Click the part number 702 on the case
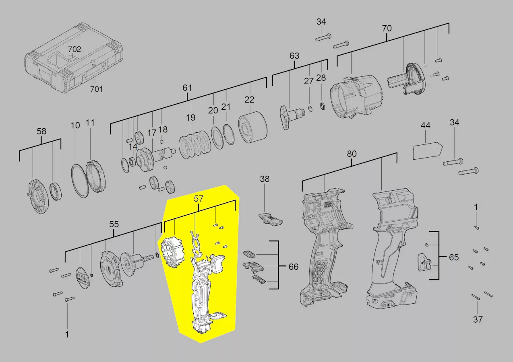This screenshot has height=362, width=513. pyautogui.click(x=74, y=49)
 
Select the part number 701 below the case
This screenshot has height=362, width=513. pyautogui.click(x=96, y=89)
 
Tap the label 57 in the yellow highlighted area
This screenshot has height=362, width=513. pyautogui.click(x=199, y=198)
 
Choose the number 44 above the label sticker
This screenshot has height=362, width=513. pyautogui.click(x=425, y=125)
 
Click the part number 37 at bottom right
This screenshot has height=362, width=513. pyautogui.click(x=478, y=320)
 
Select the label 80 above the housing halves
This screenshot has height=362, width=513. pyautogui.click(x=352, y=154)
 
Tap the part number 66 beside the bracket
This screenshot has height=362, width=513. pyautogui.click(x=294, y=267)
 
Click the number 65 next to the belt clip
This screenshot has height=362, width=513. pyautogui.click(x=454, y=257)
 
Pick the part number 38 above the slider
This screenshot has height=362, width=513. pyautogui.click(x=265, y=179)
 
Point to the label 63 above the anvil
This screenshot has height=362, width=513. pyautogui.click(x=294, y=56)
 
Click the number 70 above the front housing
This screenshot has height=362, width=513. pyautogui.click(x=387, y=29)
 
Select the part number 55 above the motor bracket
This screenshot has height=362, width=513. pyautogui.click(x=114, y=224)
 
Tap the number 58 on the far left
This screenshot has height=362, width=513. pyautogui.click(x=41, y=131)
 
